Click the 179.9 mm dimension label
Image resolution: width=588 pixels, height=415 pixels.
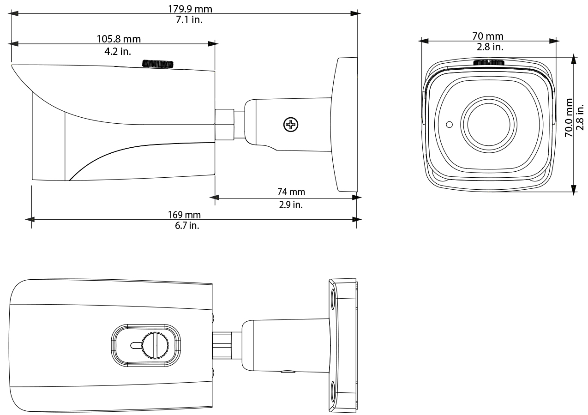(x=187, y=9)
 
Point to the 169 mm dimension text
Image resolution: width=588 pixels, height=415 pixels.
(x=184, y=215)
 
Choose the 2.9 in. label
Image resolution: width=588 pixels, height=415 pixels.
(x=291, y=204)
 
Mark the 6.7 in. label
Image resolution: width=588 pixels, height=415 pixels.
(x=184, y=226)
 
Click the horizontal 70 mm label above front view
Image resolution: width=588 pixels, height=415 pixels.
(x=488, y=36)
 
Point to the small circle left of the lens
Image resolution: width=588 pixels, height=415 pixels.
(x=449, y=124)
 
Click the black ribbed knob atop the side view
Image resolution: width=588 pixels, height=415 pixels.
(x=158, y=64)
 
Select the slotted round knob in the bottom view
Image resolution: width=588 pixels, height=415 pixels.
(x=155, y=345)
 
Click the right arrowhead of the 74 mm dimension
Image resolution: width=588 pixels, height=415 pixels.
(x=357, y=198)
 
